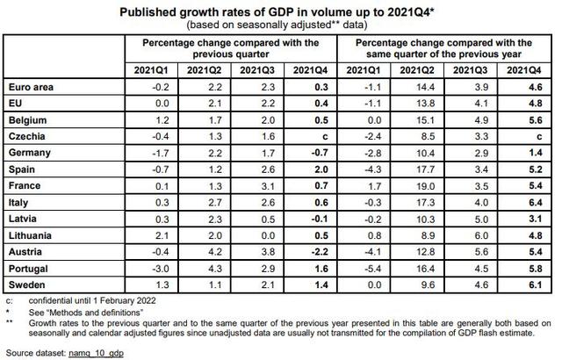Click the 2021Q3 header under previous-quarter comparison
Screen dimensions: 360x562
click(x=256, y=69)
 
